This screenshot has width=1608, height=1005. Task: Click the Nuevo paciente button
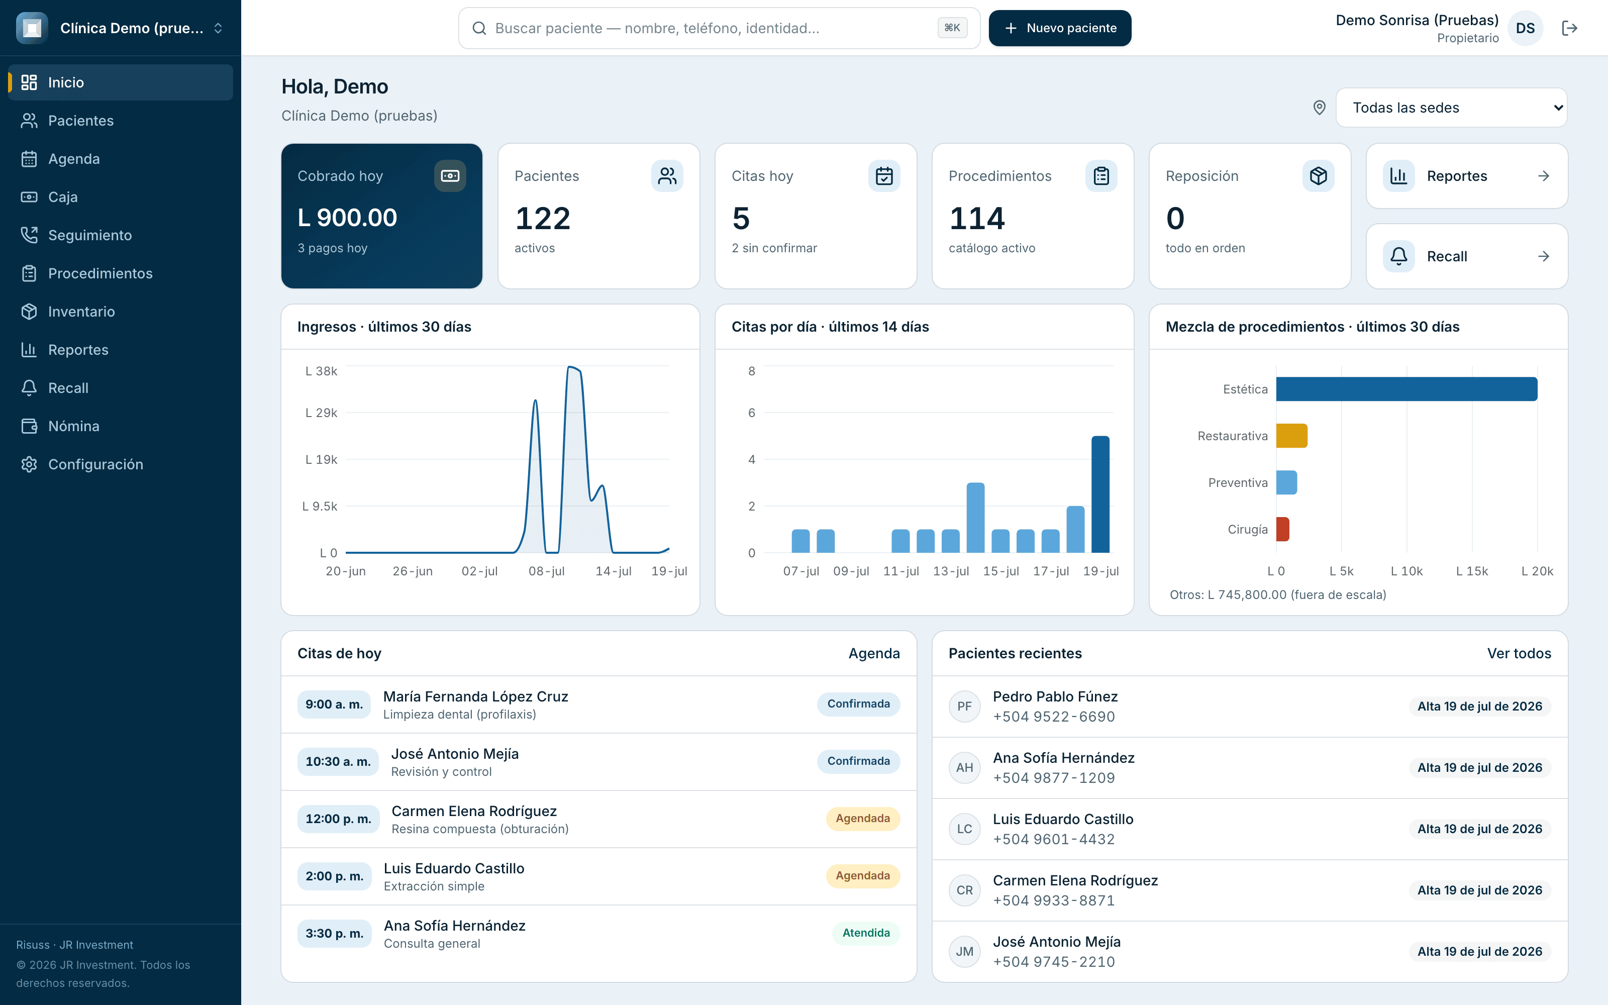[x=1060, y=28]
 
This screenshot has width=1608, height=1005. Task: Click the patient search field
[x=719, y=28]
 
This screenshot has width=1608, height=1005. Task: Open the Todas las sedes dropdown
[x=1451, y=108]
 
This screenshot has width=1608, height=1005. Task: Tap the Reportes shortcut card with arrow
[x=1466, y=176]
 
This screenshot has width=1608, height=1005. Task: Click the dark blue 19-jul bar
[x=1100, y=494]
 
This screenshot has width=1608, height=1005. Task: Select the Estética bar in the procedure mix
[x=1406, y=389]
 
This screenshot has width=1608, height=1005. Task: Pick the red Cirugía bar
[x=1282, y=529]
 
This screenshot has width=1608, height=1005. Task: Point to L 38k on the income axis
[x=321, y=371]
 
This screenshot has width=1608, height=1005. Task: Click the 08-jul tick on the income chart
[x=546, y=571]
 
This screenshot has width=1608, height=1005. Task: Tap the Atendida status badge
[x=866, y=933]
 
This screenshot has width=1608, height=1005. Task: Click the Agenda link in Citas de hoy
[x=874, y=653]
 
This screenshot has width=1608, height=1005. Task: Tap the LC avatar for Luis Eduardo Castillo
[x=964, y=829]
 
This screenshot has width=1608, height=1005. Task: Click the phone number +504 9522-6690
[x=1054, y=717]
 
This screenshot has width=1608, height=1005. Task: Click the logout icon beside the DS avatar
[x=1569, y=28]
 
